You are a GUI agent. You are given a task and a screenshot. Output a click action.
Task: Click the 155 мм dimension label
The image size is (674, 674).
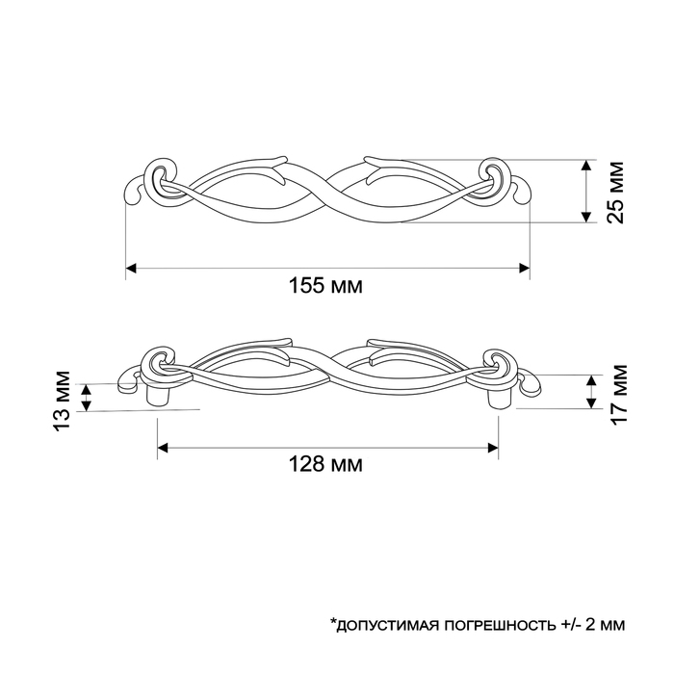(x=326, y=287)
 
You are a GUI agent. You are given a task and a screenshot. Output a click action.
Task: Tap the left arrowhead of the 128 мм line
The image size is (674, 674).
(x=163, y=447)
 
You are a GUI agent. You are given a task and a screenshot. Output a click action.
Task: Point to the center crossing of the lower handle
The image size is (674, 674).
(x=327, y=370)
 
